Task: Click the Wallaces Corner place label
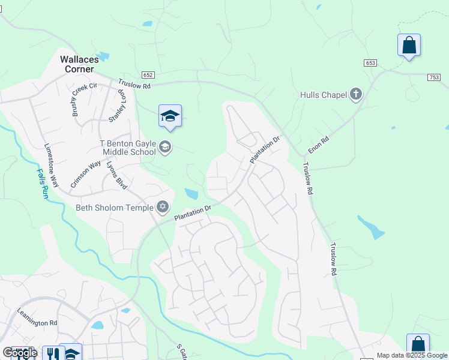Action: (77, 64)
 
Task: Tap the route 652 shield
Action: (148, 75)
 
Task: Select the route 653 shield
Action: (370, 63)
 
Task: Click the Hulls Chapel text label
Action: (323, 95)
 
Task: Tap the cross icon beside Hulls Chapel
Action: (356, 94)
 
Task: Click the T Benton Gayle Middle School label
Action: (127, 148)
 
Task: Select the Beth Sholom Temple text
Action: (115, 208)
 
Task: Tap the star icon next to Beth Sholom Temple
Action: (163, 208)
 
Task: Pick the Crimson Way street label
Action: (85, 175)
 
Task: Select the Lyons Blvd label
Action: (116, 176)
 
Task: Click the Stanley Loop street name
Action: (118, 107)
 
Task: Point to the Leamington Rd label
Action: (37, 323)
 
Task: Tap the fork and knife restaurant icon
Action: (53, 353)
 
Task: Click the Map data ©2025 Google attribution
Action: (412, 355)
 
